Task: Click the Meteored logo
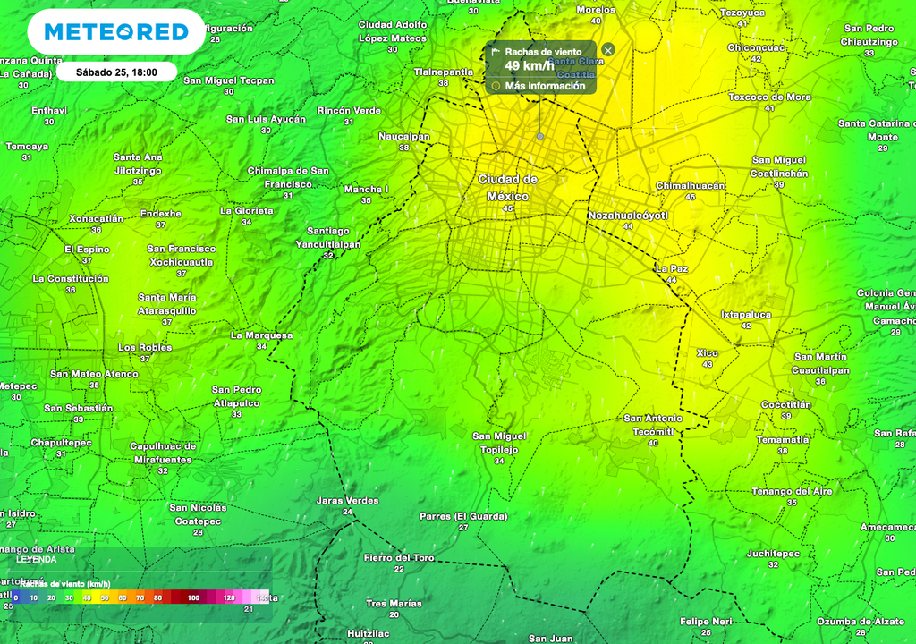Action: point(116,32)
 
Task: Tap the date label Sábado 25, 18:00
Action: point(116,72)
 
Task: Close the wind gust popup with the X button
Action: point(608,50)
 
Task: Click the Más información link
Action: point(545,86)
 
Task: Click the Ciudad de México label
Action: point(508,188)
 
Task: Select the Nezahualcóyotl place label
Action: point(628,216)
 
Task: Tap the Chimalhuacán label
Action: point(691,185)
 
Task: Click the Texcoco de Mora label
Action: point(769,97)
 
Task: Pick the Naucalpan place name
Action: point(404,136)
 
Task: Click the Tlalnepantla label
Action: point(443,72)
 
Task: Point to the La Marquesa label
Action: point(261,335)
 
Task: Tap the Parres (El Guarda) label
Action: point(463,516)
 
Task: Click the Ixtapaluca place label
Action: point(746,315)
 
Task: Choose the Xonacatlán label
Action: point(97,218)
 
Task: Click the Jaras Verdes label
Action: point(347,500)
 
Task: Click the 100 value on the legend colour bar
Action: point(193,597)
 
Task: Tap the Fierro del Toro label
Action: point(399,557)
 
